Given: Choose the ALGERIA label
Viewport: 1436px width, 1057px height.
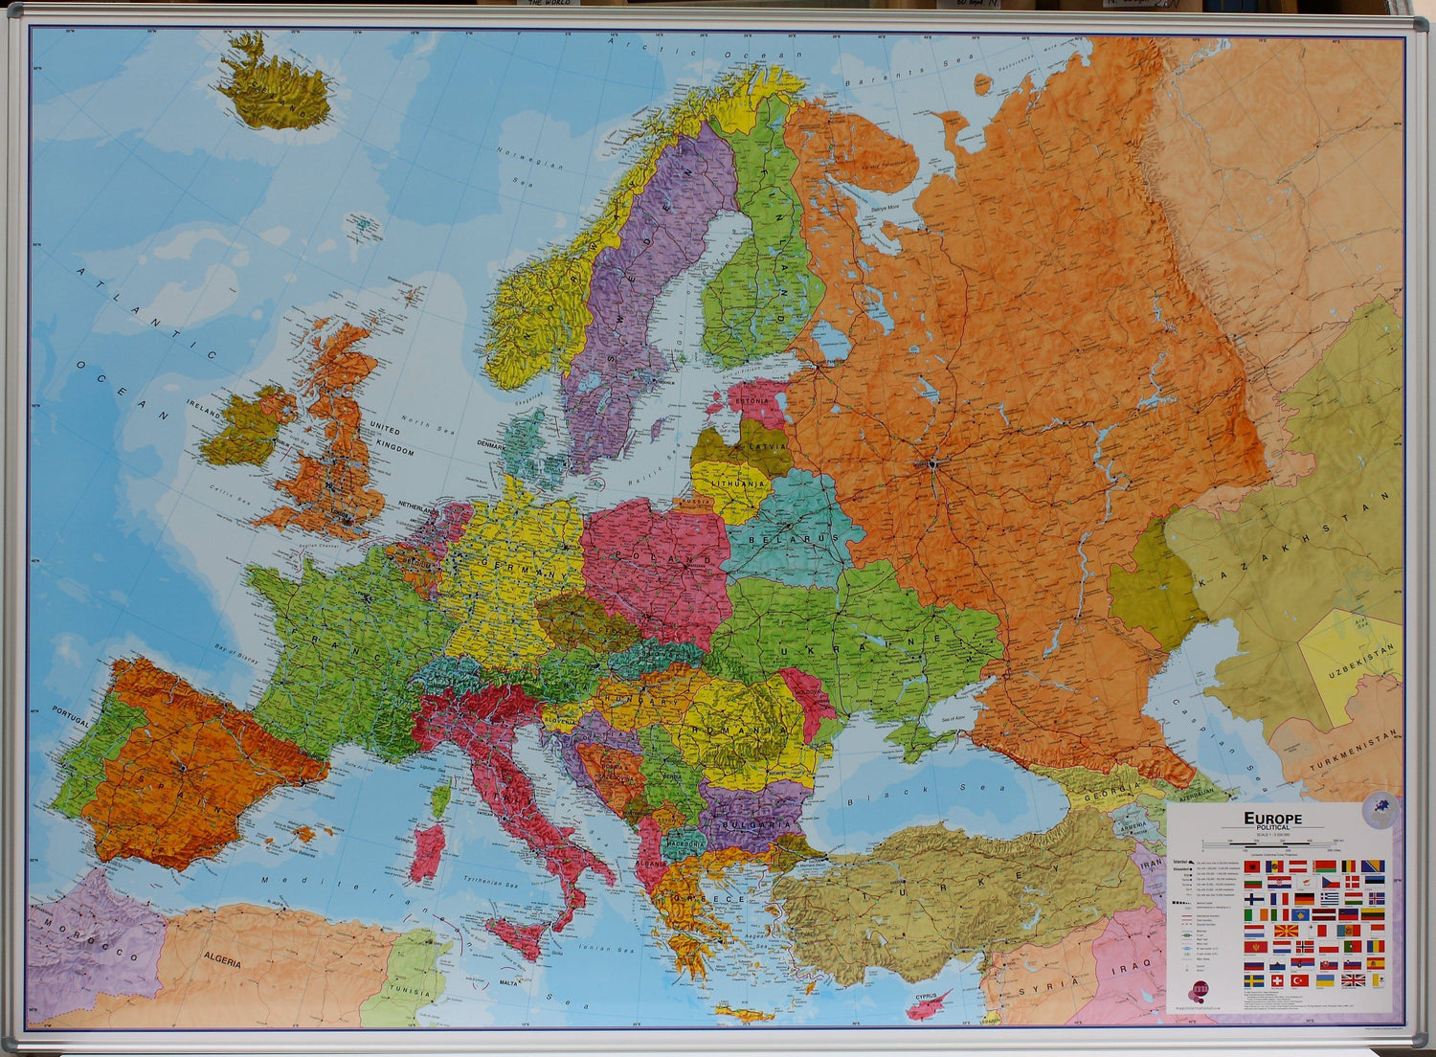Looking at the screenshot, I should [x=222, y=960].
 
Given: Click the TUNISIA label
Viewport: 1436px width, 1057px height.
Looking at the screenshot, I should [x=410, y=993].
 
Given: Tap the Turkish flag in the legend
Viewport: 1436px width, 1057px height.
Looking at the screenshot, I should [x=1299, y=980].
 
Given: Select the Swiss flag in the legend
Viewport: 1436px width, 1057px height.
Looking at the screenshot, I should [x=1276, y=980].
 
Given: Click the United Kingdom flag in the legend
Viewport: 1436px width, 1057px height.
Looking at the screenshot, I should [x=1354, y=980].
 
